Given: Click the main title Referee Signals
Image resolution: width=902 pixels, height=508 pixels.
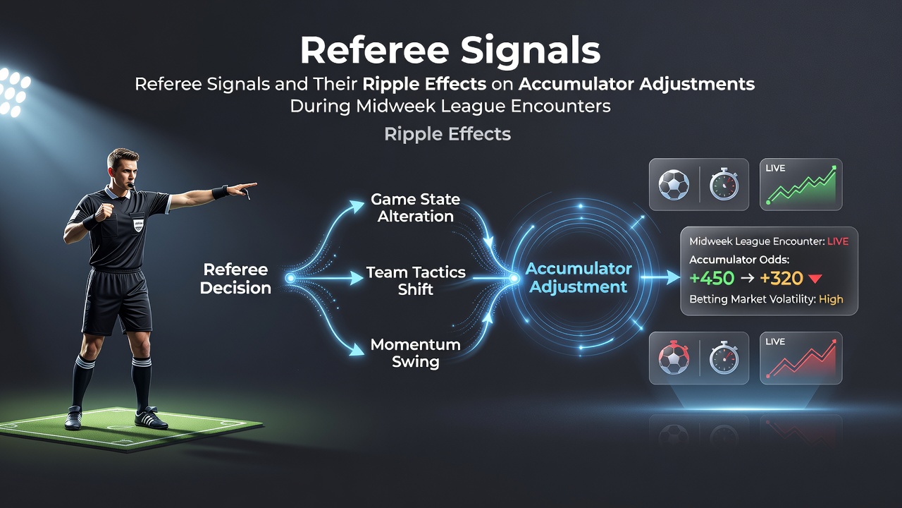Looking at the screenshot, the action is point(450,50).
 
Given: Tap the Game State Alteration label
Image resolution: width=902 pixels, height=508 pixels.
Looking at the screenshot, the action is point(416,207).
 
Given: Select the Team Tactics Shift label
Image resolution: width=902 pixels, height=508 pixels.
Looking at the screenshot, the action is point(416,281).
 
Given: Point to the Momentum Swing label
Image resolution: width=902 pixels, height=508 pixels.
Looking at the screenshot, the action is point(416,353).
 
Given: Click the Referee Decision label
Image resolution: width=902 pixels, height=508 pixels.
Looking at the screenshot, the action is point(235,279).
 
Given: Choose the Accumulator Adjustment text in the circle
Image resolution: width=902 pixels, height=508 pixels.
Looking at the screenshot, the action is point(579,278).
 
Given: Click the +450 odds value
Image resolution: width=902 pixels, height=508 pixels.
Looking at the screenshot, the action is point(712,278).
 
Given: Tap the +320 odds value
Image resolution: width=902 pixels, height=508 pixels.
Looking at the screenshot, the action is point(781,278).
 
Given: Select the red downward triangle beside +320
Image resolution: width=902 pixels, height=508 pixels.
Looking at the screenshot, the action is point(815,279).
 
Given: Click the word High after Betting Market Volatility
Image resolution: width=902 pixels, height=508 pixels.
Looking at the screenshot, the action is point(831,299).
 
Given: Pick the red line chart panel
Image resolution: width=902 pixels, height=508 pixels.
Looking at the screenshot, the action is point(801,358).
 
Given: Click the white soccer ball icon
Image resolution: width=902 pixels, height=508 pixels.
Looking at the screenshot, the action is point(674,185).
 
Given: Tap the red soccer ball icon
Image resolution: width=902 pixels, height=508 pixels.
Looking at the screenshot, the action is point(674,358).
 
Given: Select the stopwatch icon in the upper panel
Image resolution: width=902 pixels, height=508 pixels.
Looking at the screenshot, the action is point(724,185).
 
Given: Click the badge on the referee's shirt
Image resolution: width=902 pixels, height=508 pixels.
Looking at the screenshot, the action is point(138,224).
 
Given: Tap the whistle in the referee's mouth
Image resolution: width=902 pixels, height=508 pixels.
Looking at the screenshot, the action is point(131,185).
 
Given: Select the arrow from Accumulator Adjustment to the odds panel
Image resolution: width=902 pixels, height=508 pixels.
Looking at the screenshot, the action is point(660,277).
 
